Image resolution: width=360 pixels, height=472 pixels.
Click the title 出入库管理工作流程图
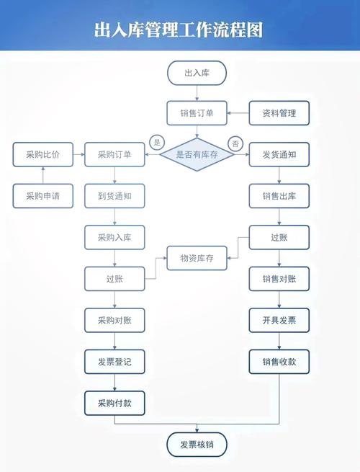179,30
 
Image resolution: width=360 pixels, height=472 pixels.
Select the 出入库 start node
197,73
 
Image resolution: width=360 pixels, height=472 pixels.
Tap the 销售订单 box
197,113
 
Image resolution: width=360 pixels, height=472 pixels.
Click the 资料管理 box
279,113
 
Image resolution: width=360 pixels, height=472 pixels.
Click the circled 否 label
234,144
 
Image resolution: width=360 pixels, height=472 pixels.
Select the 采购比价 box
43,154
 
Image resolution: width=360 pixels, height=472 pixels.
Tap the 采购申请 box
43,195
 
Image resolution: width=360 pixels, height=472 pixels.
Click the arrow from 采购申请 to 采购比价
43,175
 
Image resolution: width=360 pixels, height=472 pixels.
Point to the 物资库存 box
197,258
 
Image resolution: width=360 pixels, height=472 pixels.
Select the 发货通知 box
279,154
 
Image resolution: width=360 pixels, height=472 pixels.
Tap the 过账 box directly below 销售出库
279,237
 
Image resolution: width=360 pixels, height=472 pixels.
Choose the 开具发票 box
279,320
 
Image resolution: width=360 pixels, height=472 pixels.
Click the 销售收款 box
279,362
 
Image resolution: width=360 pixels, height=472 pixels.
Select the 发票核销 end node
197,445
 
